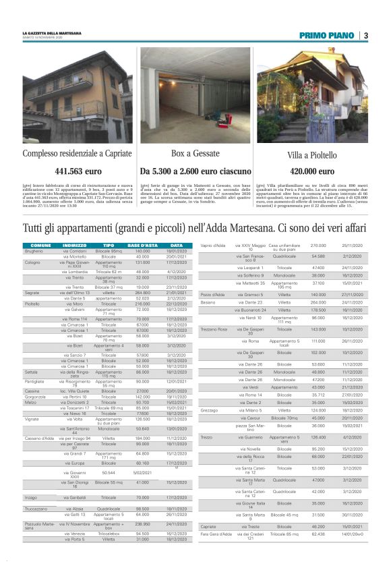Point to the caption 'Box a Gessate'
(x=195, y=153)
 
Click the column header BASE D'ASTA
(x=142, y=245)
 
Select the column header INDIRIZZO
(x=75, y=245)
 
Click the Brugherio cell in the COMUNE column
(x=35, y=250)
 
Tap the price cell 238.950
(x=142, y=523)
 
